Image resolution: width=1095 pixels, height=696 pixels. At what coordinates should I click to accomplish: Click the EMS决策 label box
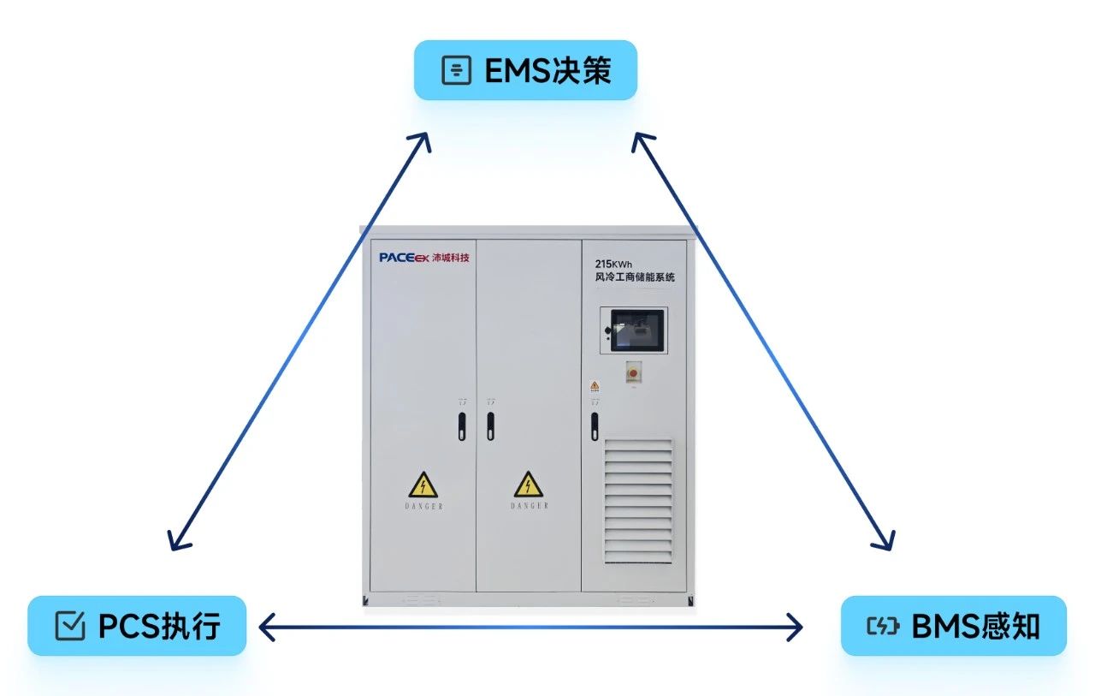tap(525, 70)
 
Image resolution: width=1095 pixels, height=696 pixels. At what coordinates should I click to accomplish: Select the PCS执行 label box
tap(137, 626)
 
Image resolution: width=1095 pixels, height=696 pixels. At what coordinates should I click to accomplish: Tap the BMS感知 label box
tap(953, 626)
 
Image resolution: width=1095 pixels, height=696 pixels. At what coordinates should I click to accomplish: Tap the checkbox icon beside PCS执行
tap(69, 626)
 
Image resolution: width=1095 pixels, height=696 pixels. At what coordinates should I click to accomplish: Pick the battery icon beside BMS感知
tap(884, 626)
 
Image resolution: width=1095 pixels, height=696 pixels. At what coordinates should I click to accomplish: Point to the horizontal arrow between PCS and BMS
tap(530, 628)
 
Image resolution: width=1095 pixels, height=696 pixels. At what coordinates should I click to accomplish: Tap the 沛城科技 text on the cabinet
tap(450, 257)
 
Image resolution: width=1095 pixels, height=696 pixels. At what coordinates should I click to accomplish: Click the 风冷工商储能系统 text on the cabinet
tap(635, 277)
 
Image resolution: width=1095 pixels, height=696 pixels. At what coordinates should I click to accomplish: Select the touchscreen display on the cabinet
tap(635, 329)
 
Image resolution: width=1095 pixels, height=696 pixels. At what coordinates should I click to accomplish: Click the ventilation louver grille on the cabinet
tap(638, 501)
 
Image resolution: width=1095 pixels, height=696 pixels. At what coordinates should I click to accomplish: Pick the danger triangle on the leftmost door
tap(423, 485)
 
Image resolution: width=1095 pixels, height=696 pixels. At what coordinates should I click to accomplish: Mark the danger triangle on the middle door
tap(529, 485)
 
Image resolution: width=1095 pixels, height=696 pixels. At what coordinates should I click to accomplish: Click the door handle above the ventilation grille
tap(595, 425)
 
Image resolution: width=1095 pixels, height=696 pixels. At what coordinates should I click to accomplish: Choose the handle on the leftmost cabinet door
tap(462, 425)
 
